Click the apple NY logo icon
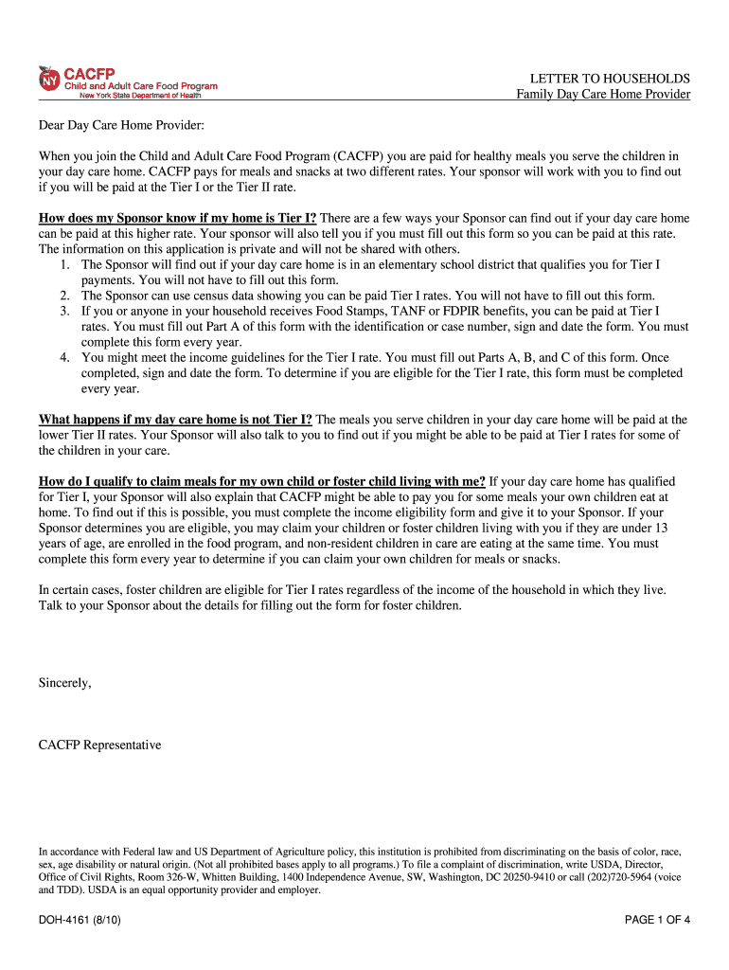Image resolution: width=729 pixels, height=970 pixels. [49, 80]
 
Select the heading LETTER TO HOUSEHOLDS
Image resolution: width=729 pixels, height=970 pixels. [610, 79]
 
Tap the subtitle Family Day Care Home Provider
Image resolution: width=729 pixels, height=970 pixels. [603, 95]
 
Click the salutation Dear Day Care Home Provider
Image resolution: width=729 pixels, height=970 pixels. [121, 125]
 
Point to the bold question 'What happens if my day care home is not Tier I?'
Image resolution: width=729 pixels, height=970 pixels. [175, 420]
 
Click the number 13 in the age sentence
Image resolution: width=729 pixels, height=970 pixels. [661, 528]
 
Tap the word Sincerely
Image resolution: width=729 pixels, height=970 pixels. [64, 682]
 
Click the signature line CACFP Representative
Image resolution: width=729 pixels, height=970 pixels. [99, 745]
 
